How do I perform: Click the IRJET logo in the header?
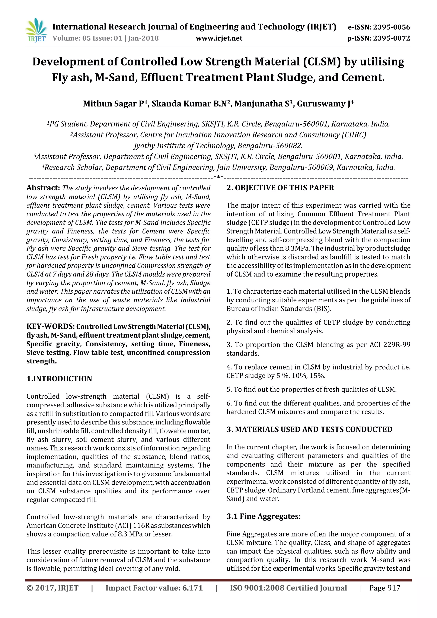coord(36,31)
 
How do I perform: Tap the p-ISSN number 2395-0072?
coord(392,38)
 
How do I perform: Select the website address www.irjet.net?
coord(219,38)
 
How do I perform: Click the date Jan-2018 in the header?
coord(143,38)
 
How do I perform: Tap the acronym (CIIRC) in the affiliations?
coord(354,135)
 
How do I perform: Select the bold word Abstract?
coord(43,188)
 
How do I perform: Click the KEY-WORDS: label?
coord(50,326)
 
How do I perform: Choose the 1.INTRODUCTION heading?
coord(59,379)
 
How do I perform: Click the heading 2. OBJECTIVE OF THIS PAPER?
coord(280,188)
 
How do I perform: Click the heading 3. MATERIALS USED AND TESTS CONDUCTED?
coord(309,429)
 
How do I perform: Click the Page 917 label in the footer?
coord(385,596)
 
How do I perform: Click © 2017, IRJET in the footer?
coord(52,596)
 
